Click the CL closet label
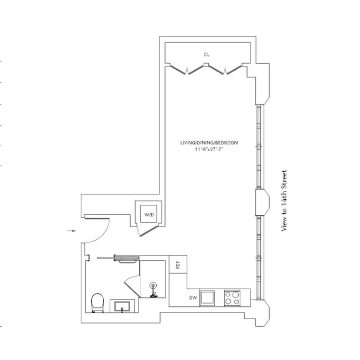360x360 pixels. pyautogui.click(x=207, y=54)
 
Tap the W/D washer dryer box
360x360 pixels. pyautogui.click(x=149, y=214)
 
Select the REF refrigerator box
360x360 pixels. pyautogui.click(x=178, y=265)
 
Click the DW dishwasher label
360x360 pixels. pyautogui.click(x=193, y=297)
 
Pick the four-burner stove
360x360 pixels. pyautogui.click(x=232, y=298)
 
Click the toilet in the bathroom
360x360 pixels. pyautogui.click(x=97, y=302)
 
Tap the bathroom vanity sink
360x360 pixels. pyautogui.click(x=122, y=306)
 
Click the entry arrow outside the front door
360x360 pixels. pyautogui.click(x=70, y=230)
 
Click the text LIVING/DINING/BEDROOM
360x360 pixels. pyautogui.click(x=209, y=143)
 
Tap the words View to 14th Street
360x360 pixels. pyautogui.click(x=284, y=200)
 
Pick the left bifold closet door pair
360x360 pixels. pyautogui.click(x=187, y=70)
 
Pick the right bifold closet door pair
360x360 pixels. pyautogui.click(x=224, y=70)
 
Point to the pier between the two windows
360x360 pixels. pyautogui.click(x=259, y=202)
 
